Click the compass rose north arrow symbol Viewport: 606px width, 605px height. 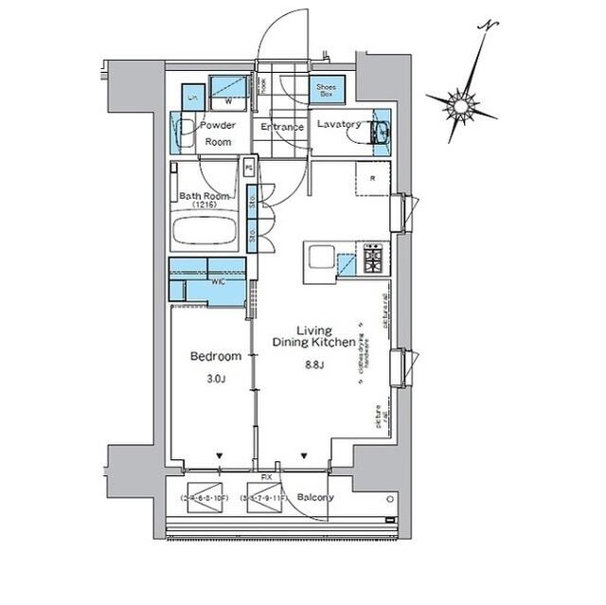pos(461,105)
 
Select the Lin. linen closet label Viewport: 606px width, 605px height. pos(192,98)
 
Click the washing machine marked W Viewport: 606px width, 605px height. pos(227,93)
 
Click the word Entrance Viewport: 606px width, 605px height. pos(282,127)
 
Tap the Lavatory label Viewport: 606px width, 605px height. pos(338,125)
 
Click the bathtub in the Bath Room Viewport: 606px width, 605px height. pos(205,232)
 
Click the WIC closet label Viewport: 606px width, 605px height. pos(218,281)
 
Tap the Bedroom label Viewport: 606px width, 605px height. pos(210,357)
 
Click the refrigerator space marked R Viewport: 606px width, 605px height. pos(373,177)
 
